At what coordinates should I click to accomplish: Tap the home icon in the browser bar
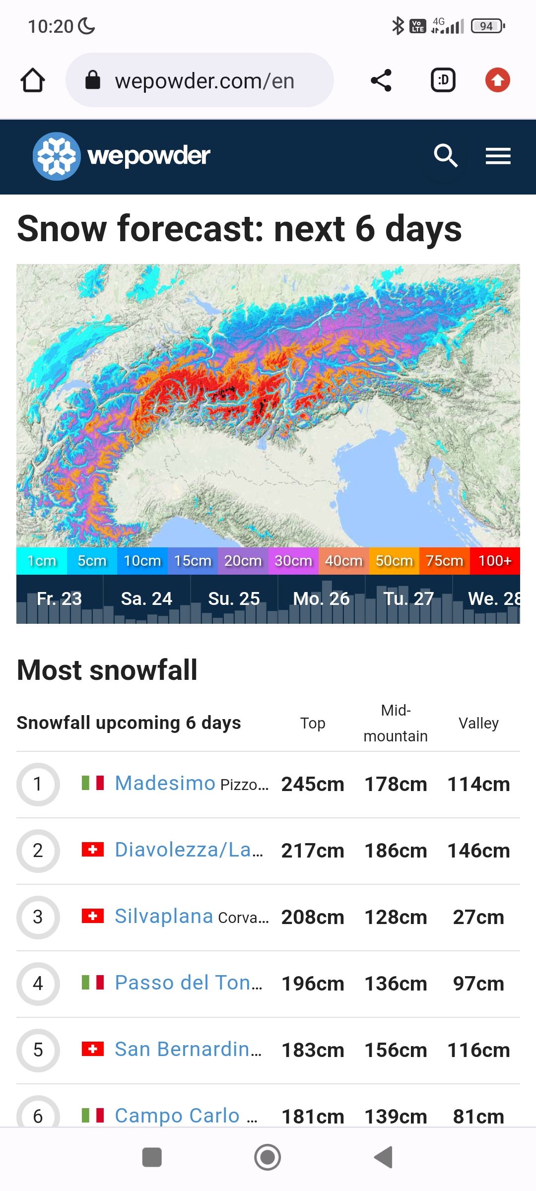(33, 80)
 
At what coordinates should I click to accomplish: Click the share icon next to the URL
(381, 80)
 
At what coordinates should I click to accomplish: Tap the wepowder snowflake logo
(57, 156)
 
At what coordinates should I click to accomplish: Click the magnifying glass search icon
(445, 156)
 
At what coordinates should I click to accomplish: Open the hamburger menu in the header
(498, 156)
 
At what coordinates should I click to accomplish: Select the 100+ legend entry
(494, 561)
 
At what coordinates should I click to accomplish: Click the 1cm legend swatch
(42, 561)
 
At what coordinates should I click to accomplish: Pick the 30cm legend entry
(293, 561)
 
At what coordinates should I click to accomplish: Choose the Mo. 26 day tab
(321, 599)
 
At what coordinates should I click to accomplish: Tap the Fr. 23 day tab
(59, 599)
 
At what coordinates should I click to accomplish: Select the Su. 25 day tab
(234, 599)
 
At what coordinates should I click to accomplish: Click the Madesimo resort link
(165, 784)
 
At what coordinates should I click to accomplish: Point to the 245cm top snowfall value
(313, 785)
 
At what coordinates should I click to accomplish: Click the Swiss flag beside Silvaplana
(93, 916)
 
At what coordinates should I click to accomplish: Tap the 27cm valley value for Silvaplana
(478, 918)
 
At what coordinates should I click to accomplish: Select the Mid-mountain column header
(396, 723)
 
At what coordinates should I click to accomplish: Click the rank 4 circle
(38, 984)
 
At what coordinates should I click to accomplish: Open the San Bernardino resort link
(188, 1050)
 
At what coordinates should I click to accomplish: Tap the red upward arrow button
(498, 80)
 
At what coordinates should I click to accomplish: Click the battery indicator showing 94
(487, 26)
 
